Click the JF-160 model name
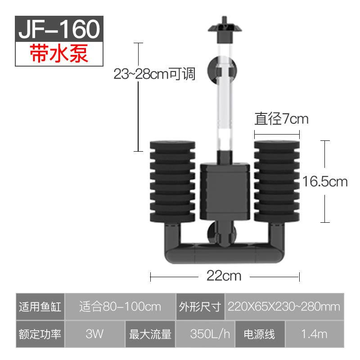click(x=59, y=29)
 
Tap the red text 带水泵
click(x=59, y=54)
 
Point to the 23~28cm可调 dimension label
click(x=154, y=74)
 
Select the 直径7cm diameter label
click(x=281, y=119)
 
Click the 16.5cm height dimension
click(x=325, y=182)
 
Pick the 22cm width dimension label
click(x=224, y=276)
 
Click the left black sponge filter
click(x=172, y=182)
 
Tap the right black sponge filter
click(x=277, y=182)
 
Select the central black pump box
click(x=225, y=192)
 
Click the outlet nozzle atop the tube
click(x=225, y=30)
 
